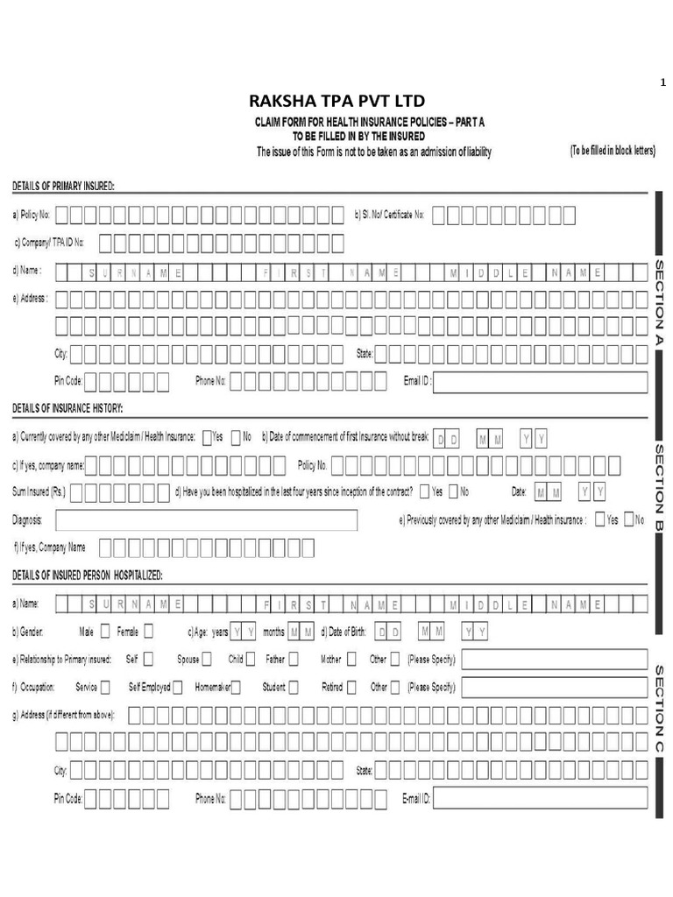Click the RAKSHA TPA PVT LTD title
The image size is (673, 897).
point(336,102)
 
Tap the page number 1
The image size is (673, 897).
point(662,83)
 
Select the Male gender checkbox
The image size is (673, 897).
point(105,631)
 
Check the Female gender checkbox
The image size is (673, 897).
point(148,631)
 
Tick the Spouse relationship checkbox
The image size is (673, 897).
point(206,659)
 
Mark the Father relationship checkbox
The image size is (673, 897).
point(294,659)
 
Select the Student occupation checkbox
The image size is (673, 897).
point(294,687)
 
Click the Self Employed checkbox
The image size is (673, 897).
point(178,687)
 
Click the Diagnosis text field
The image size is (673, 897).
point(207,520)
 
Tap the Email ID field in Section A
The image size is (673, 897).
point(541,382)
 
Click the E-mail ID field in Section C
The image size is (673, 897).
point(541,798)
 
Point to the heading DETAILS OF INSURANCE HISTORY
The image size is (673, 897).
point(67,409)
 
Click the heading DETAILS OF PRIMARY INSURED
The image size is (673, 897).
point(63,186)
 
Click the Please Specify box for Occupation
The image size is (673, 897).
point(554,687)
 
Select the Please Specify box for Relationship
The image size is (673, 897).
point(554,659)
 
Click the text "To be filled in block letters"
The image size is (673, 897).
point(613,151)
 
